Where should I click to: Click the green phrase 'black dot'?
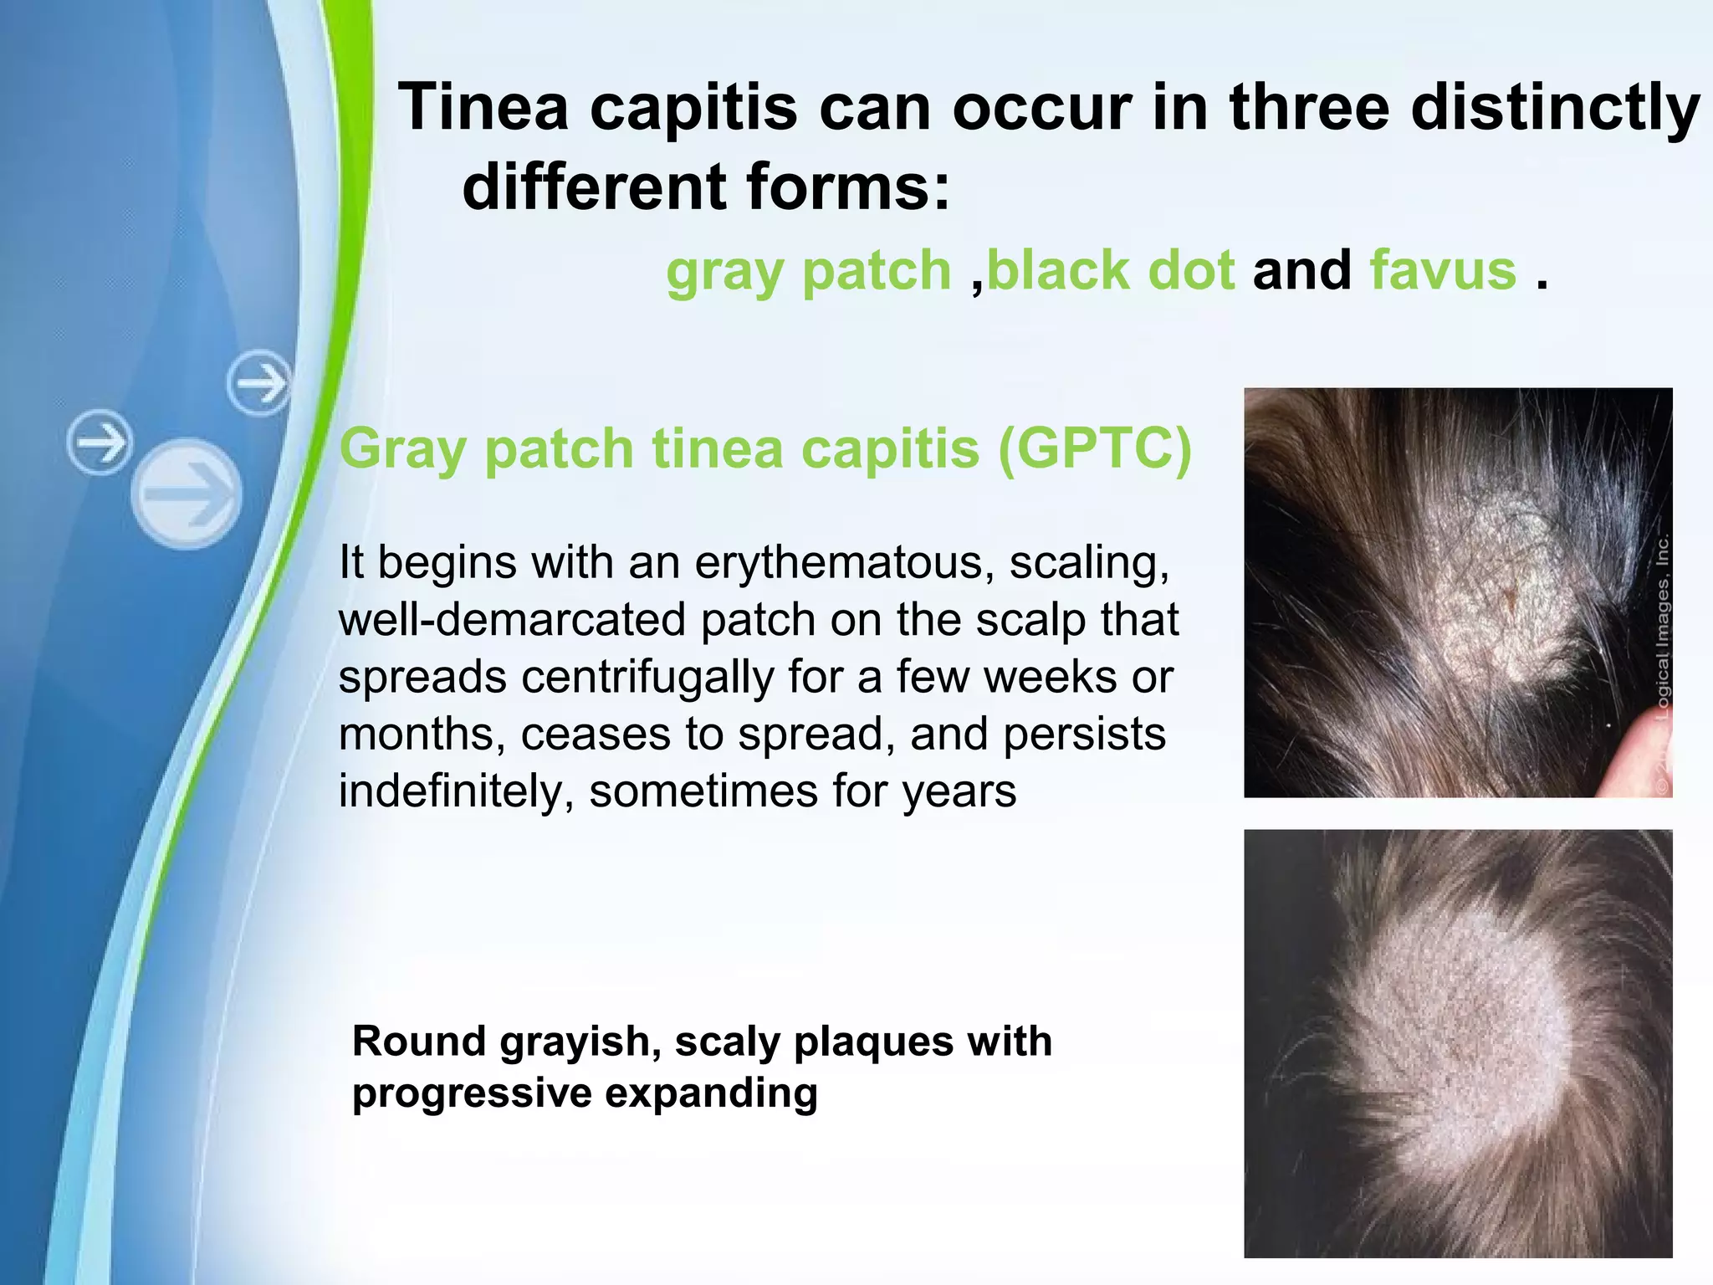(1111, 271)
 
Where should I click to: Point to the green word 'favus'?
(1443, 271)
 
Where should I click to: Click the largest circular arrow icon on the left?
(187, 494)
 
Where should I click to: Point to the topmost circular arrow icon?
(259, 383)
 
